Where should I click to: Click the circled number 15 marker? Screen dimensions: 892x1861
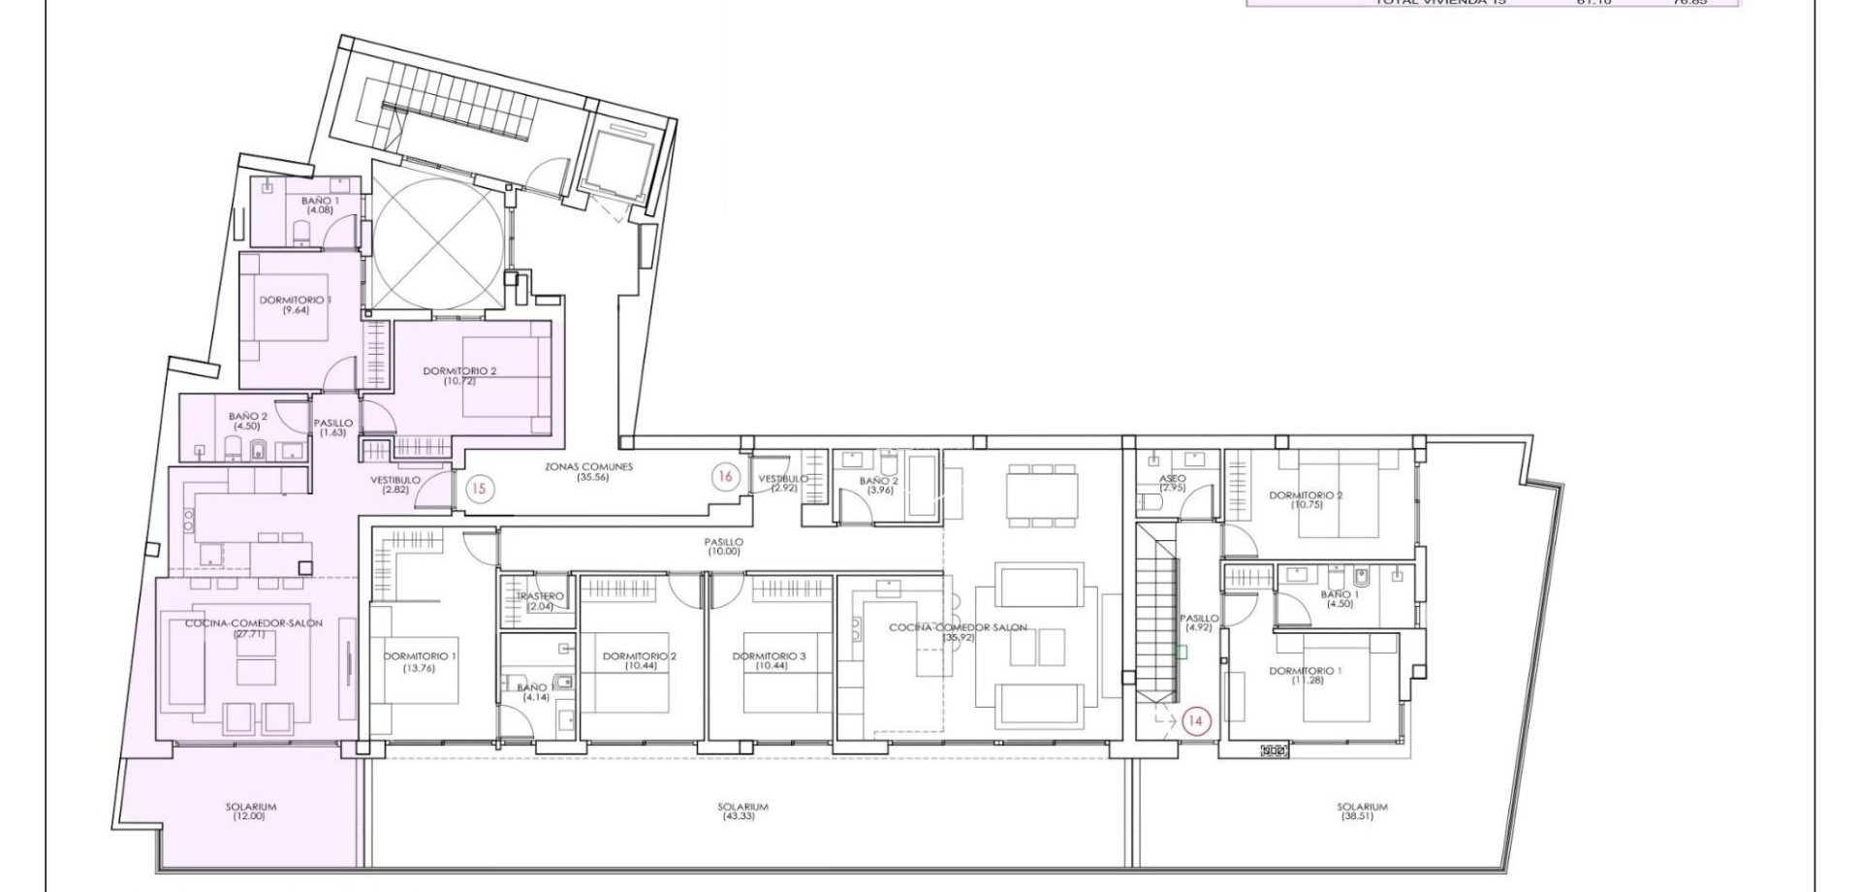[x=478, y=489]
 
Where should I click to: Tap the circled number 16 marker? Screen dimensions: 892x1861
[x=724, y=476]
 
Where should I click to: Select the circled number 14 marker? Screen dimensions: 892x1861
[x=1195, y=721]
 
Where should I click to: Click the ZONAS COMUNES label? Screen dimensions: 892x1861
[x=588, y=472]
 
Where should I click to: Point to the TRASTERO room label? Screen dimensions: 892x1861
[x=540, y=601]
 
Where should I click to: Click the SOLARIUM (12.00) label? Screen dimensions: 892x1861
[x=250, y=812]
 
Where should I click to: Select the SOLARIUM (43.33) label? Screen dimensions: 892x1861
[x=742, y=812]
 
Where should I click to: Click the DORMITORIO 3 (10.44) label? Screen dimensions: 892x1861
[x=769, y=661]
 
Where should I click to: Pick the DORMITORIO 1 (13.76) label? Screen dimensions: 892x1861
[x=420, y=661]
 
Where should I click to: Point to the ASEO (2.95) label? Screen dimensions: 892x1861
[x=1172, y=483]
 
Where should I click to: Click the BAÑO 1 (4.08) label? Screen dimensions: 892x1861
[x=320, y=205]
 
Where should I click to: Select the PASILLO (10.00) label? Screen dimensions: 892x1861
[x=723, y=547]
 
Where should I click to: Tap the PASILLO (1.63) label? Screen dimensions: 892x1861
[x=332, y=428]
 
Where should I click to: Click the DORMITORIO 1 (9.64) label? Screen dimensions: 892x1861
[x=295, y=305]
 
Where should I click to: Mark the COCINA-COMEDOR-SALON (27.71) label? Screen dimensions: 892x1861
[x=254, y=628]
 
